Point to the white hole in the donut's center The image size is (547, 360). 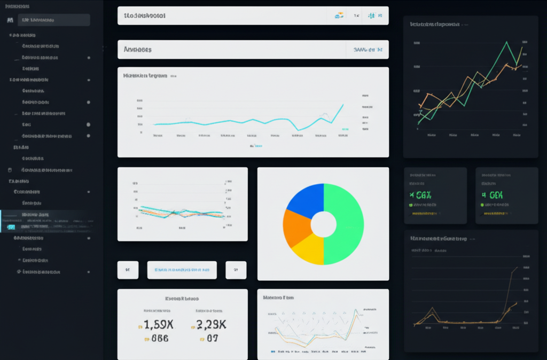pos(323,224)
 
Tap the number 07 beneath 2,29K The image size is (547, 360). pos(212,338)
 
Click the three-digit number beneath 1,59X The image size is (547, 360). pos(159,338)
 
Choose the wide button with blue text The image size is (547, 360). pos(182,270)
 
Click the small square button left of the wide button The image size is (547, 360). pos(128,270)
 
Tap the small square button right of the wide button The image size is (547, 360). pos(236,270)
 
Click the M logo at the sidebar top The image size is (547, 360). pos(10,20)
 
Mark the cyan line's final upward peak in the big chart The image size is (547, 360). pos(342,105)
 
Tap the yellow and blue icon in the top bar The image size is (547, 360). pos(338,16)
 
